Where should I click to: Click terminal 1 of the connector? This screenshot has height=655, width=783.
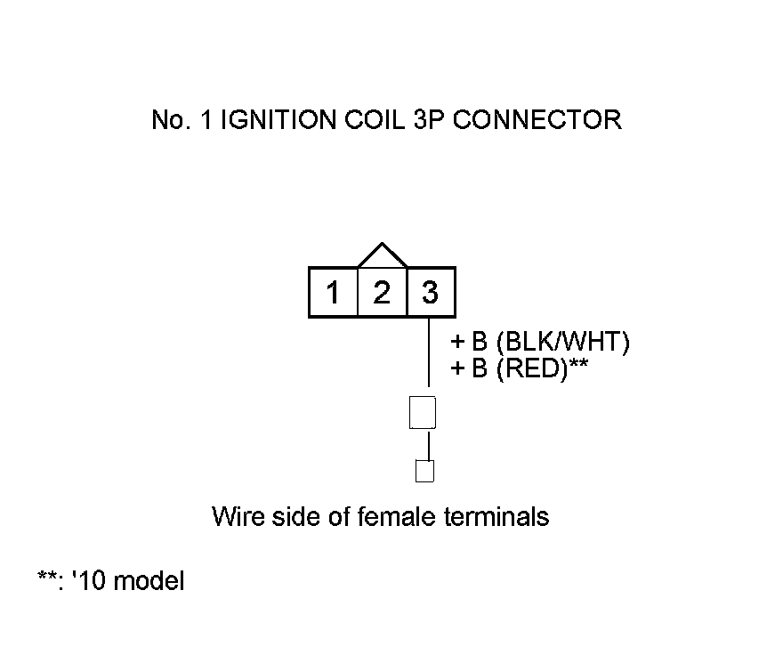pos(334,292)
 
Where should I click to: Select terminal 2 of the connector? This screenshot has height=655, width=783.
pos(382,292)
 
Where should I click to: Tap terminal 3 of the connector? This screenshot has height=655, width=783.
pos(431,292)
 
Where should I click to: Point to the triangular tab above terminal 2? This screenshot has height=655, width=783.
pos(382,256)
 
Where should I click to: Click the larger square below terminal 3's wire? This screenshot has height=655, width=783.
pos(423,413)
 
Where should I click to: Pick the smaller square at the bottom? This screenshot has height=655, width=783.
pos(425,471)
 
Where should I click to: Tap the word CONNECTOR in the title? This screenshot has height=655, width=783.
pos(537,120)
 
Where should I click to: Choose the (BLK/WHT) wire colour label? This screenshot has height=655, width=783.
pos(562,343)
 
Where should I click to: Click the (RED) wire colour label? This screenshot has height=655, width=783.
pos(531,368)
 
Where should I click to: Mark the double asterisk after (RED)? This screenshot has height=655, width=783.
pos(579,365)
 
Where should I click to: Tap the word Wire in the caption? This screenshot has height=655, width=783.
pos(233,516)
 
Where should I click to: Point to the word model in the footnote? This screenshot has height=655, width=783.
pos(149,582)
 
